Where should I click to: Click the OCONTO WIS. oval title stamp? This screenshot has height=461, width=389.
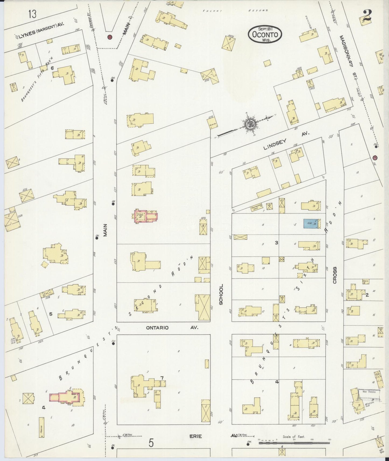[265, 34]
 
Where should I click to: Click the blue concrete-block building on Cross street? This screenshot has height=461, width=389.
[311, 224]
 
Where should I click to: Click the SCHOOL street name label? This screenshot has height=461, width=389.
[221, 295]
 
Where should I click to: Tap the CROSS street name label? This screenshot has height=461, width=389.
[335, 275]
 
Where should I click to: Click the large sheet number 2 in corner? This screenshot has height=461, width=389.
[366, 16]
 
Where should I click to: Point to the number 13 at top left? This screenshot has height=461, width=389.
[32, 14]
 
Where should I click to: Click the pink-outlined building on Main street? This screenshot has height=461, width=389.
[146, 217]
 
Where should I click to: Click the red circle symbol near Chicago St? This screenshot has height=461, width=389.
[110, 37]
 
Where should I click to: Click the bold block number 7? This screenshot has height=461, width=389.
[162, 378]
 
